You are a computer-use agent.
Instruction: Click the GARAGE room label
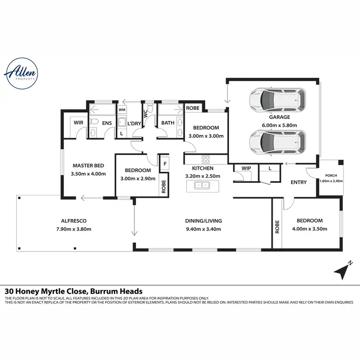pos(279,117)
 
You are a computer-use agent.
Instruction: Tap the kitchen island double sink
pos(202,185)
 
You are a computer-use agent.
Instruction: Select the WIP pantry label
pos(246,168)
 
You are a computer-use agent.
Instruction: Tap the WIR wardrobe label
pos(78,123)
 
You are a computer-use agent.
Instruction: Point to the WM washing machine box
pos(121,110)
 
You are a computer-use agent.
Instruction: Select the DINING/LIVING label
pos(204,221)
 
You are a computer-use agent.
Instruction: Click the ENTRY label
pos(299,182)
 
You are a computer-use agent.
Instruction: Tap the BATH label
pos(168,123)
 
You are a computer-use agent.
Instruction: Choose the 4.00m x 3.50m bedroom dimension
pos(310,229)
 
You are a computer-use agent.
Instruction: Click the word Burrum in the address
pos(92,291)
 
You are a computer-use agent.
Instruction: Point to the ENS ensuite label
pos(107,123)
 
